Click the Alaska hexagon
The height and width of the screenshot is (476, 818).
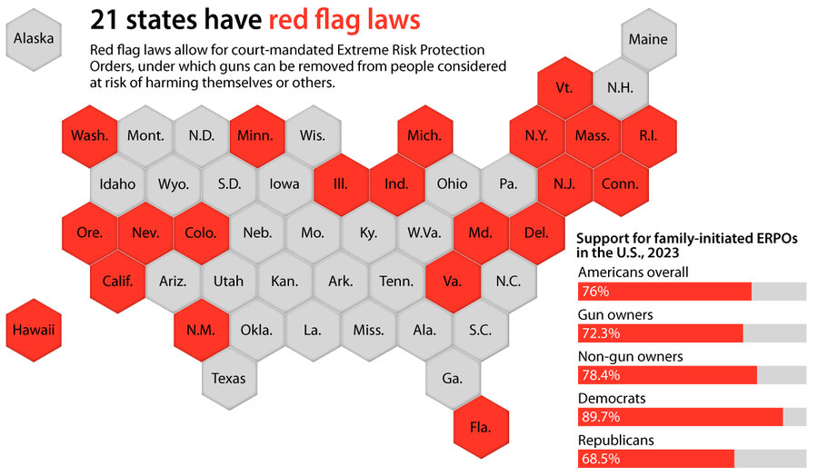(34, 39)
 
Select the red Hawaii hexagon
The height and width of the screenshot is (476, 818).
(34, 330)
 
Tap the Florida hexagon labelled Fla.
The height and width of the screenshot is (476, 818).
(481, 427)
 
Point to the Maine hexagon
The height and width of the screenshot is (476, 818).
(648, 39)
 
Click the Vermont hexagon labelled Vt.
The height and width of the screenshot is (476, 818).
(564, 87)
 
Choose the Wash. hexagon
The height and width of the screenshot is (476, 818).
(90, 136)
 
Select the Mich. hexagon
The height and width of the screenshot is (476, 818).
(425, 136)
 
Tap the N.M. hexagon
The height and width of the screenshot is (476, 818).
(202, 330)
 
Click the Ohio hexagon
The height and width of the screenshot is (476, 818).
(453, 184)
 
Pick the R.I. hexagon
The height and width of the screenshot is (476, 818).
(648, 136)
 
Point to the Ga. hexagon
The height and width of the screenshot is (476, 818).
(453, 379)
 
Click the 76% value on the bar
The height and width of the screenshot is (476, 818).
(595, 292)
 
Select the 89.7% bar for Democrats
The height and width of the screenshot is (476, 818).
(680, 417)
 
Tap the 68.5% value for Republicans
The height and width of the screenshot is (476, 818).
(601, 459)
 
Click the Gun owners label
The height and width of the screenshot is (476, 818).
(615, 315)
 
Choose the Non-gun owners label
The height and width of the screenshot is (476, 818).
(631, 357)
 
